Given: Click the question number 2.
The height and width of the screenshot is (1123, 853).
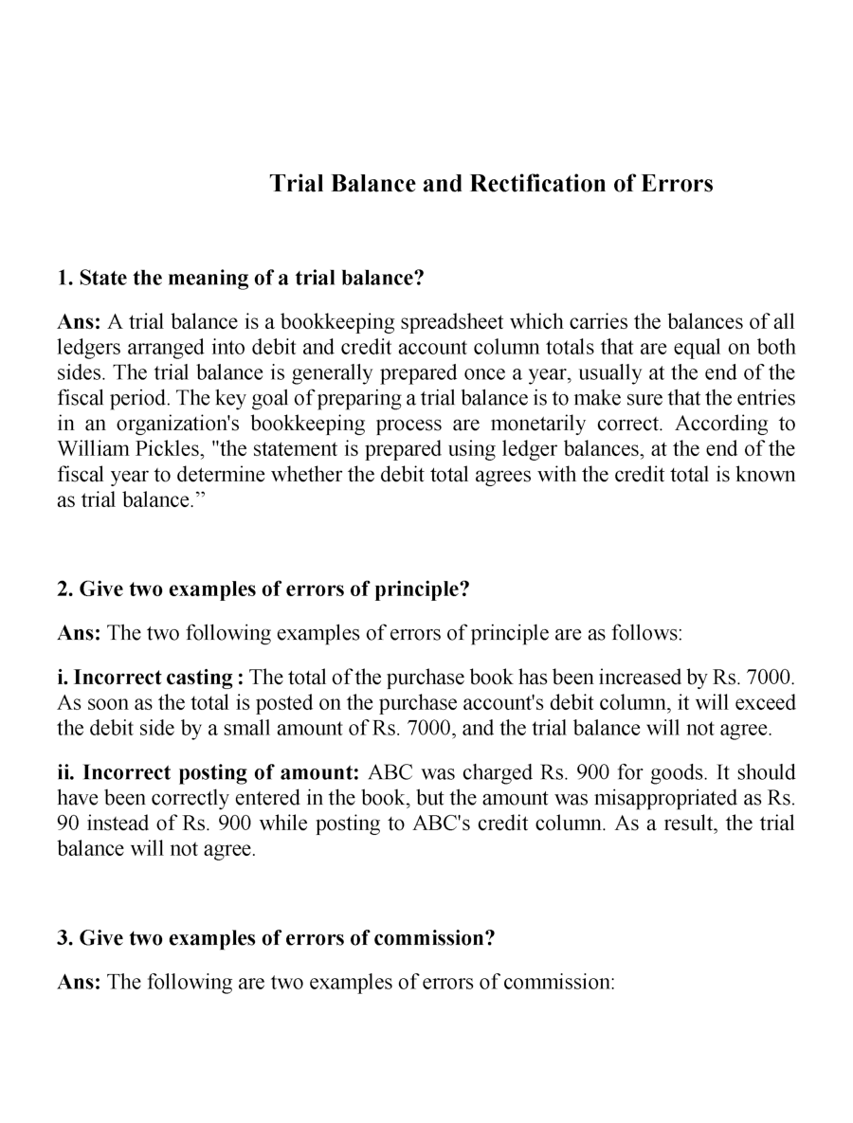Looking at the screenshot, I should tap(64, 589).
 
